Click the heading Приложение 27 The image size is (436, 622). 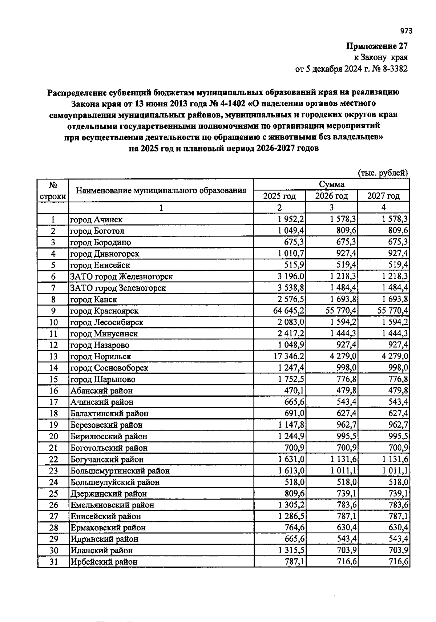pos(377,46)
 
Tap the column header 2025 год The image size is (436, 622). pos(279,196)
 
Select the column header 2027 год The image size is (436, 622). pos(383,196)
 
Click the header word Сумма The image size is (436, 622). pos(331,185)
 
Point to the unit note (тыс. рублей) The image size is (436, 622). pos(383,173)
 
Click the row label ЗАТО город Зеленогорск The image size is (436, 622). pos(118,288)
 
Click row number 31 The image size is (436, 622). pos(53,562)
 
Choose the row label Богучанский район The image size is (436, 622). pos(107,459)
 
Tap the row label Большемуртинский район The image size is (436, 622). pos(120,471)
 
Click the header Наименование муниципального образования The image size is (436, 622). pos(161,190)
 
